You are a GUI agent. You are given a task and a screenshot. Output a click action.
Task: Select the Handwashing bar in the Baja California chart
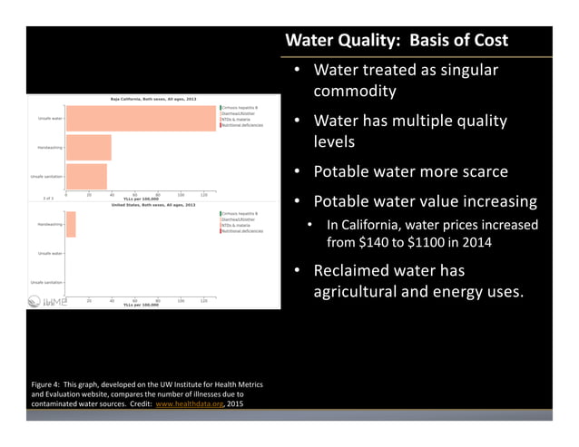tap(88, 148)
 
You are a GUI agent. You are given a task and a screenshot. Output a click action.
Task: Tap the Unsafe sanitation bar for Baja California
tap(86, 176)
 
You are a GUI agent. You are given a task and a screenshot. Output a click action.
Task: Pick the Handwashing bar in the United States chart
tap(71, 224)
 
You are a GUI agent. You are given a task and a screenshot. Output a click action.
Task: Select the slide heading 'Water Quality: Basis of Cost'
tap(397, 41)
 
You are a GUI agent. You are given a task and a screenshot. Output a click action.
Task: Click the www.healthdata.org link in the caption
tap(188, 403)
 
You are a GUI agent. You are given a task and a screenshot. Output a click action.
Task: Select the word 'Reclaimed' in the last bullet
tap(358, 270)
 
